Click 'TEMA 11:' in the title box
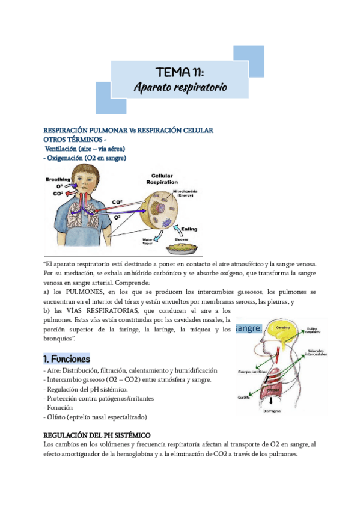(x=179, y=72)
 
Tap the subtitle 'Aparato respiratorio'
(x=180, y=88)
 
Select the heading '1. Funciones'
(x=67, y=359)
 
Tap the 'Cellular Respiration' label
(x=162, y=179)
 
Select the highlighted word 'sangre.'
(x=249, y=329)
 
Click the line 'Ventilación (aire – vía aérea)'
(x=85, y=149)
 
